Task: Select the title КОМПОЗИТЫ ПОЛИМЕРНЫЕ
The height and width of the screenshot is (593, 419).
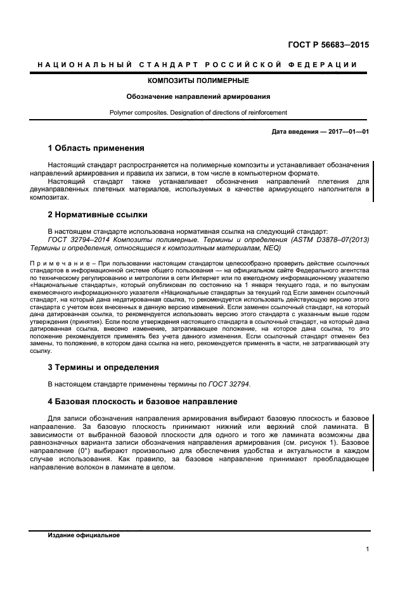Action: pyautogui.click(x=198, y=81)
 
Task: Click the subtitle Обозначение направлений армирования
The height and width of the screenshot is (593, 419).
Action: pyautogui.click(x=198, y=97)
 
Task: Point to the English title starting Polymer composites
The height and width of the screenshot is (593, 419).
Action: pyautogui.click(x=198, y=113)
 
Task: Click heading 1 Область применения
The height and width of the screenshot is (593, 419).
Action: pyautogui.click(x=96, y=148)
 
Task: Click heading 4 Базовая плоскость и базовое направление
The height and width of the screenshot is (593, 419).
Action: pyautogui.click(x=143, y=401)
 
